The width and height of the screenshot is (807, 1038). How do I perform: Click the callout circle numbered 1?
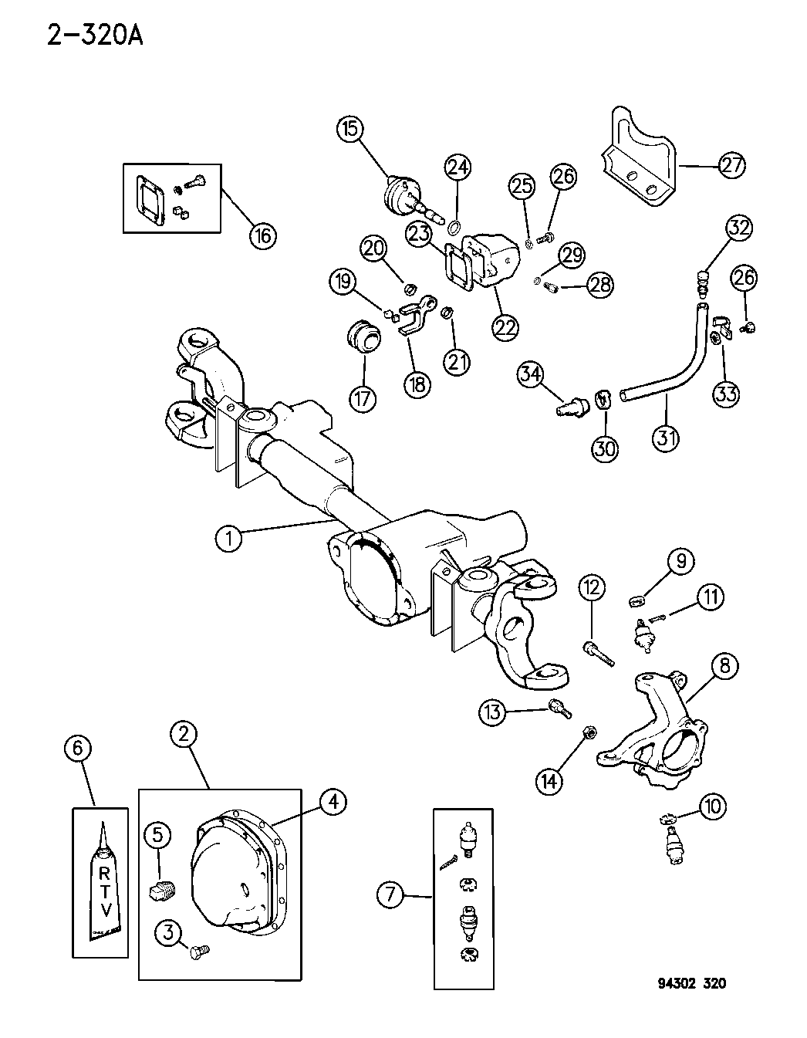click(228, 538)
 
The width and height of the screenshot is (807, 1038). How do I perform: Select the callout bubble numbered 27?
click(731, 164)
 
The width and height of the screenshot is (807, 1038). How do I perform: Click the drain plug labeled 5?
click(161, 893)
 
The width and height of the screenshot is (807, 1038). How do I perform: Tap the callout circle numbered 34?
click(531, 376)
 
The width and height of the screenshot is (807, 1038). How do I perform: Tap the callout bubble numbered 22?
click(505, 326)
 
